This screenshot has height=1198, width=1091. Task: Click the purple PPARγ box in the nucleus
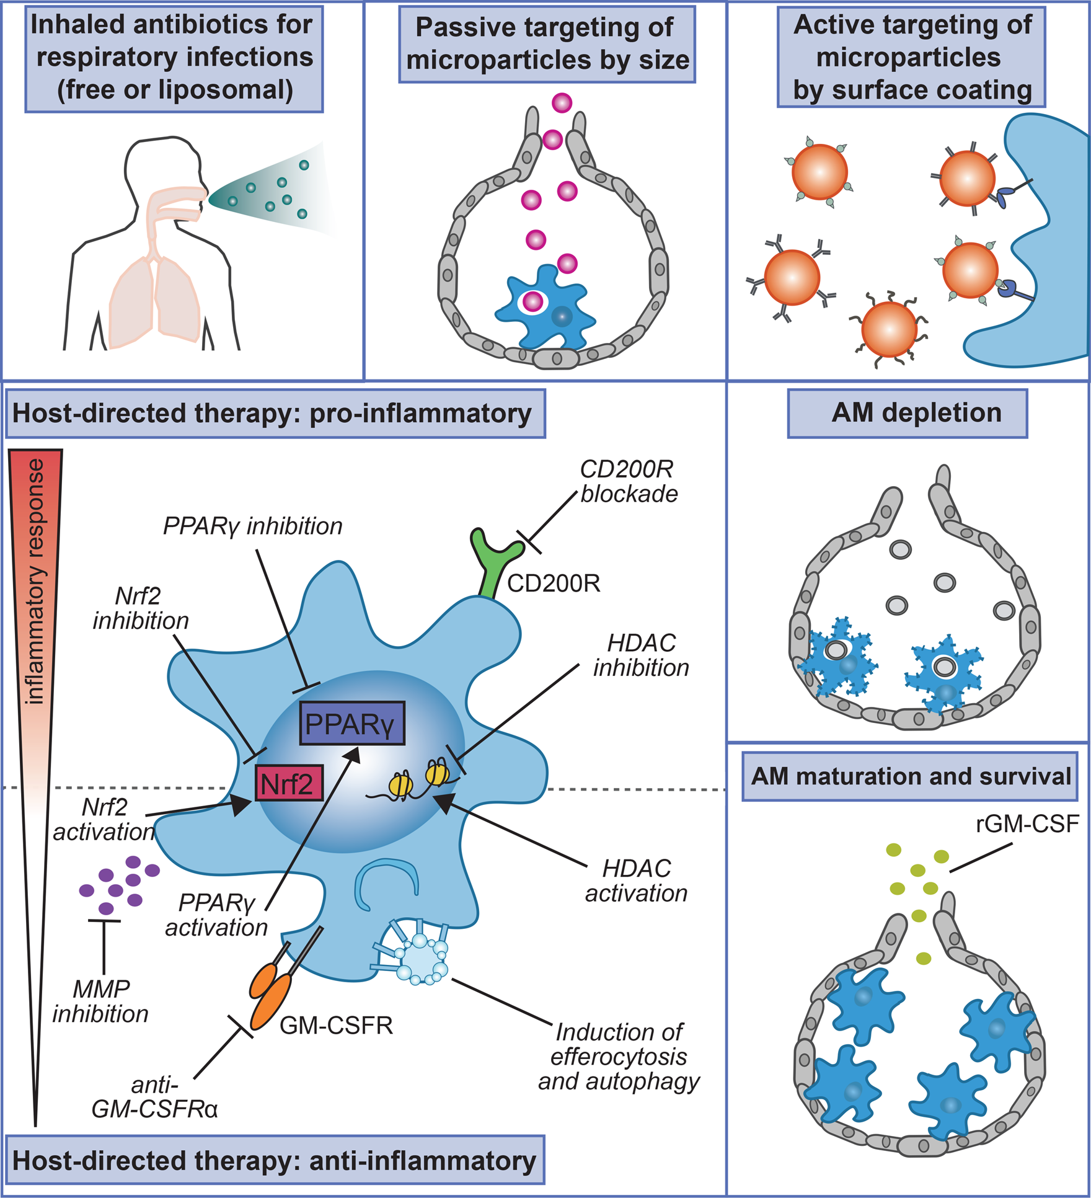coord(351,723)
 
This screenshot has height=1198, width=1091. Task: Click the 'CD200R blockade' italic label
coord(628,482)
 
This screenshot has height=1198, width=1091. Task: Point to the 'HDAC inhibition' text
coord(641,655)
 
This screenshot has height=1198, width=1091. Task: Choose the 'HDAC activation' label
coord(637,881)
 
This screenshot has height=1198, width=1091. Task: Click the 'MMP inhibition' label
coord(100,1001)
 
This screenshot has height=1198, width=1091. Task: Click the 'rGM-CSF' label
coord(1027,824)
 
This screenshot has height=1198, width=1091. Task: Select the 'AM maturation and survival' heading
coord(911,776)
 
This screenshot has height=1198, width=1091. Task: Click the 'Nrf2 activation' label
coord(104,819)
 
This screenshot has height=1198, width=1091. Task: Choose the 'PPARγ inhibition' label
coord(252,526)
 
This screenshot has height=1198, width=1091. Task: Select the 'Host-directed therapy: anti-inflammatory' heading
coord(275,1161)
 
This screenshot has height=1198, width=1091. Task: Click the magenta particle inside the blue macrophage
coord(532,302)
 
